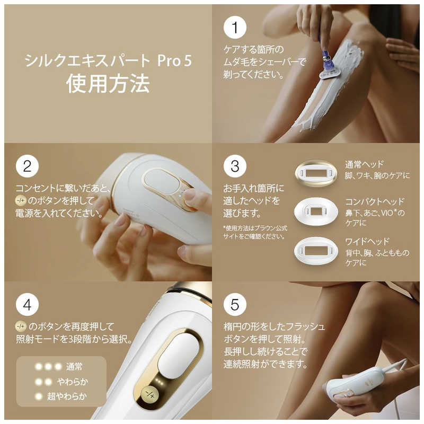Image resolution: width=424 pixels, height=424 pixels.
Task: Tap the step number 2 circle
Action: (27, 166)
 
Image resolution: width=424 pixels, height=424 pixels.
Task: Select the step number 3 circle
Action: (235, 166)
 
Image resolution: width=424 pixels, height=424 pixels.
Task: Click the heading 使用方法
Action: (108, 84)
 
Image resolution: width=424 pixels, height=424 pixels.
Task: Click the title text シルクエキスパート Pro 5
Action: (108, 60)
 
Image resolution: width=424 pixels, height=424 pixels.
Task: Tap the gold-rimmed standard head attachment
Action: (316, 173)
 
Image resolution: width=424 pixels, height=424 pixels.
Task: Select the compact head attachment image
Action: (316, 211)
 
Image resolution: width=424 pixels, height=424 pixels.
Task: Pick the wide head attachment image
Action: (316, 250)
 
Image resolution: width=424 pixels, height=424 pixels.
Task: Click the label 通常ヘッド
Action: (364, 164)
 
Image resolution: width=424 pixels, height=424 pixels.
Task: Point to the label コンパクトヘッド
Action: (374, 202)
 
